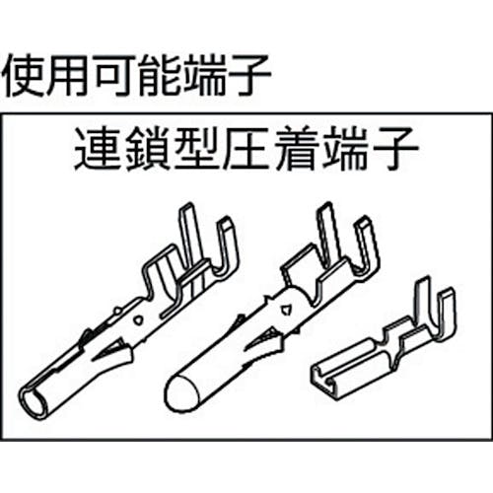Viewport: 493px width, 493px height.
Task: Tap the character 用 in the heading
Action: pyautogui.click(x=68, y=76)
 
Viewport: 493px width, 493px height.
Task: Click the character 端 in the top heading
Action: pyautogui.click(x=204, y=76)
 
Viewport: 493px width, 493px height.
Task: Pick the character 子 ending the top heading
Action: pyautogui.click(x=248, y=76)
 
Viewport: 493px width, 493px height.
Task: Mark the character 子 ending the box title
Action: pyautogui.click(x=395, y=149)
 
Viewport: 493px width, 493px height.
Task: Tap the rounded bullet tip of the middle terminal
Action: pyautogui.click(x=180, y=393)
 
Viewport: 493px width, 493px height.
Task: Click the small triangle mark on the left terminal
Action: pyautogui.click(x=138, y=320)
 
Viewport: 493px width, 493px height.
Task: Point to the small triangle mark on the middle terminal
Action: pyautogui.click(x=285, y=309)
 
